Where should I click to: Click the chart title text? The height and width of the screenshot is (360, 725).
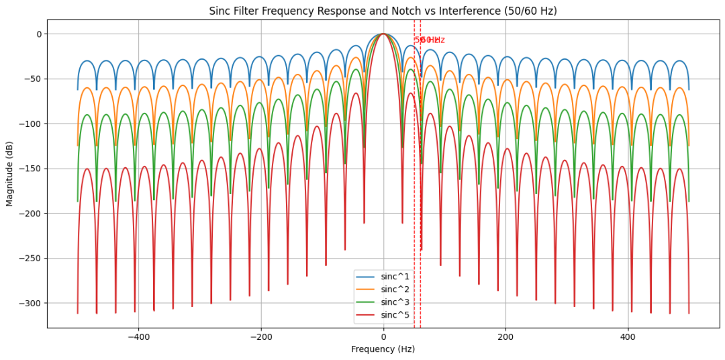click(x=383, y=11)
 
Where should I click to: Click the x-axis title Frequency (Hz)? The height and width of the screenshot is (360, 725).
click(x=383, y=349)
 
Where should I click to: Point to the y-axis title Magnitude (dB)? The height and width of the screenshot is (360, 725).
click(x=9, y=174)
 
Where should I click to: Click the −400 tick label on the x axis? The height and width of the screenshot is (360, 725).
click(x=138, y=337)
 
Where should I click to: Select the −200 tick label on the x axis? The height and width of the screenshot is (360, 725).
click(x=260, y=337)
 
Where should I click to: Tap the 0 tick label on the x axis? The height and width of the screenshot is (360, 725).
click(x=383, y=337)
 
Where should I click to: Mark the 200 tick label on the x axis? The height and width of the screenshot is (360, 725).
click(x=505, y=337)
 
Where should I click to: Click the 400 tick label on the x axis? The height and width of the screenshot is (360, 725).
click(x=628, y=337)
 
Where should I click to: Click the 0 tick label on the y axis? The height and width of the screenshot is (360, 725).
click(x=39, y=34)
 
